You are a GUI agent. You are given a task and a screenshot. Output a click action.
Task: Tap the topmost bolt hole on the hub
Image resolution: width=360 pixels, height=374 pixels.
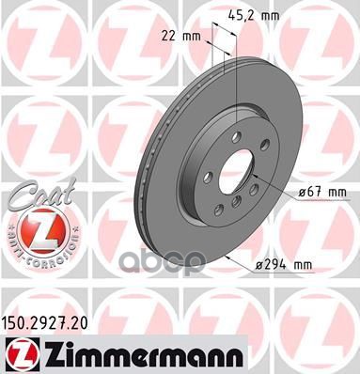click(234, 135)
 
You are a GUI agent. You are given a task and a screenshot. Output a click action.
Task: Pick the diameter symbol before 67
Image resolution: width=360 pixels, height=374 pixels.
click(302, 192)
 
